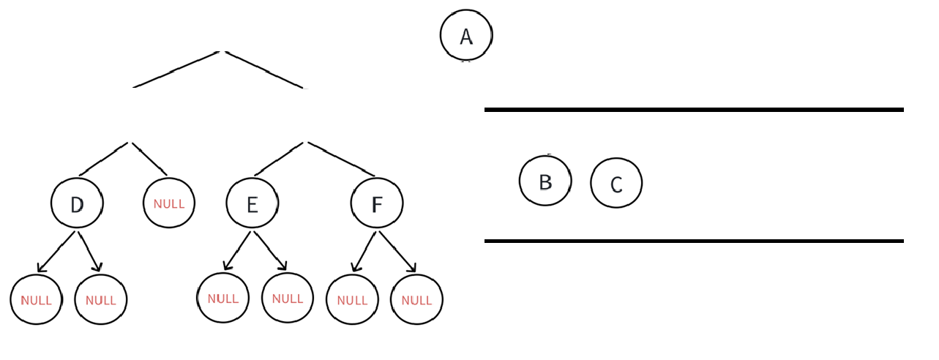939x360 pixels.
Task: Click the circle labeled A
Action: tap(466, 35)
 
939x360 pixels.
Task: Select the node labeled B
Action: tap(545, 181)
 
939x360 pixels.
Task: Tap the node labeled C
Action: tap(616, 183)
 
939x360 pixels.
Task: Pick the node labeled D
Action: tap(77, 203)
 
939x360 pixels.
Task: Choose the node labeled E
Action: tap(252, 203)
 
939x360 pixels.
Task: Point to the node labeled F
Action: tap(377, 203)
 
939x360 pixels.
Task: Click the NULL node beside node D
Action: tap(169, 203)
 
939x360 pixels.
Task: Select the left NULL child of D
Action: tap(36, 300)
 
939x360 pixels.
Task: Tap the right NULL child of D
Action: tap(101, 300)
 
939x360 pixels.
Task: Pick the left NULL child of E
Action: tap(223, 298)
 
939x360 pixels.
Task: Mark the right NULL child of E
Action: tap(288, 298)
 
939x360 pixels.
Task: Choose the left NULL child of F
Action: tap(352, 300)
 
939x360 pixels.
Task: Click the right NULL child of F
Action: tap(416, 300)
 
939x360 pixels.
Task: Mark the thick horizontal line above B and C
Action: tap(694, 110)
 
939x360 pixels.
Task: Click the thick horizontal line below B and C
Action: tap(694, 241)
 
